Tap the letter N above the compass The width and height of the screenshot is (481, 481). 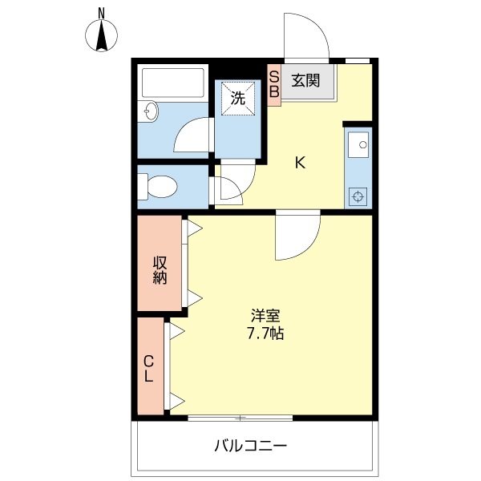tap(102, 12)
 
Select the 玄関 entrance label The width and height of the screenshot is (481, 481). tap(305, 79)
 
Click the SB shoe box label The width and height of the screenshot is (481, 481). tap(273, 84)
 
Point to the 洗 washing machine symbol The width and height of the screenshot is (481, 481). tap(237, 99)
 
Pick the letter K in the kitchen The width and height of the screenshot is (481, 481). tap(300, 163)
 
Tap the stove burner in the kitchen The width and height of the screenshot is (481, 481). tap(358, 195)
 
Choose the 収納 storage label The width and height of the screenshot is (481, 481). tap(160, 269)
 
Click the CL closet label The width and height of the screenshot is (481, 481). tap(149, 368)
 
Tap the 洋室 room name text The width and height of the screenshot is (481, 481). tap(265, 316)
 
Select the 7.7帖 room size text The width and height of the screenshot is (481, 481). tap(265, 333)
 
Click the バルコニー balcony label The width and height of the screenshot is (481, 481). tap(250, 445)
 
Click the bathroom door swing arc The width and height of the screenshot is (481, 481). tap(193, 136)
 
